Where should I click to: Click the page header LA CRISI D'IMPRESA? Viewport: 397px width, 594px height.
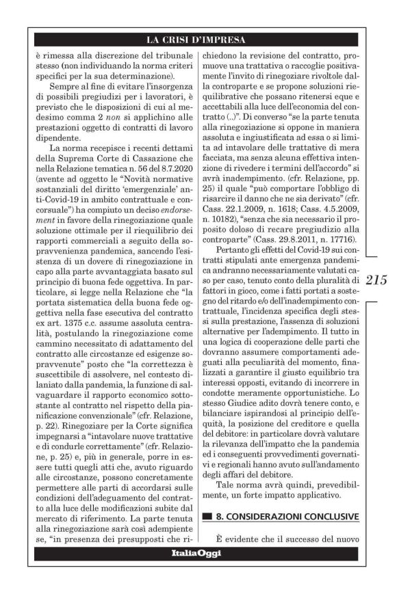198,39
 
